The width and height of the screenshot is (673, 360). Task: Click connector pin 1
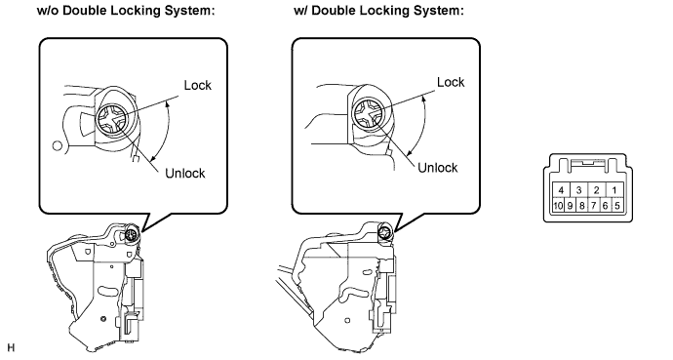tap(614, 190)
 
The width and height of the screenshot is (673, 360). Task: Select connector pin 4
tap(561, 190)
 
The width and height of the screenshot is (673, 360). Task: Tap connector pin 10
tap(558, 206)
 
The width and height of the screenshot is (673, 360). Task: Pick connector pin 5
tap(616, 206)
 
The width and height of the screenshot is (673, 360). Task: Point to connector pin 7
tap(593, 206)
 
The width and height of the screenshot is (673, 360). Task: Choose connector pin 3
tap(578, 190)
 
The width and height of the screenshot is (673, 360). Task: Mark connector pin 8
tap(581, 206)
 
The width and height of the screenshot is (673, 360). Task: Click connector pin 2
tap(597, 190)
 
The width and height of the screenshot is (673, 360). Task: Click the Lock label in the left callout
tap(197, 85)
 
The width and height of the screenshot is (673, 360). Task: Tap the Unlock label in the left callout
tap(185, 173)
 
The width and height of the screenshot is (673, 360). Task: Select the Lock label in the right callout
tap(451, 82)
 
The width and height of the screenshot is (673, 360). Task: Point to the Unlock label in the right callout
tap(438, 168)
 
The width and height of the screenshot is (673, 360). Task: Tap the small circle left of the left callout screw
tap(58, 145)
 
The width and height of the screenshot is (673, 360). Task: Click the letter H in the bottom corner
tap(11, 347)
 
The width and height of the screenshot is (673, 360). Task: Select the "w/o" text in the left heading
tap(49, 11)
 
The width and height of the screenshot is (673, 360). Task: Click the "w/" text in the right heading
tap(300, 11)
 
